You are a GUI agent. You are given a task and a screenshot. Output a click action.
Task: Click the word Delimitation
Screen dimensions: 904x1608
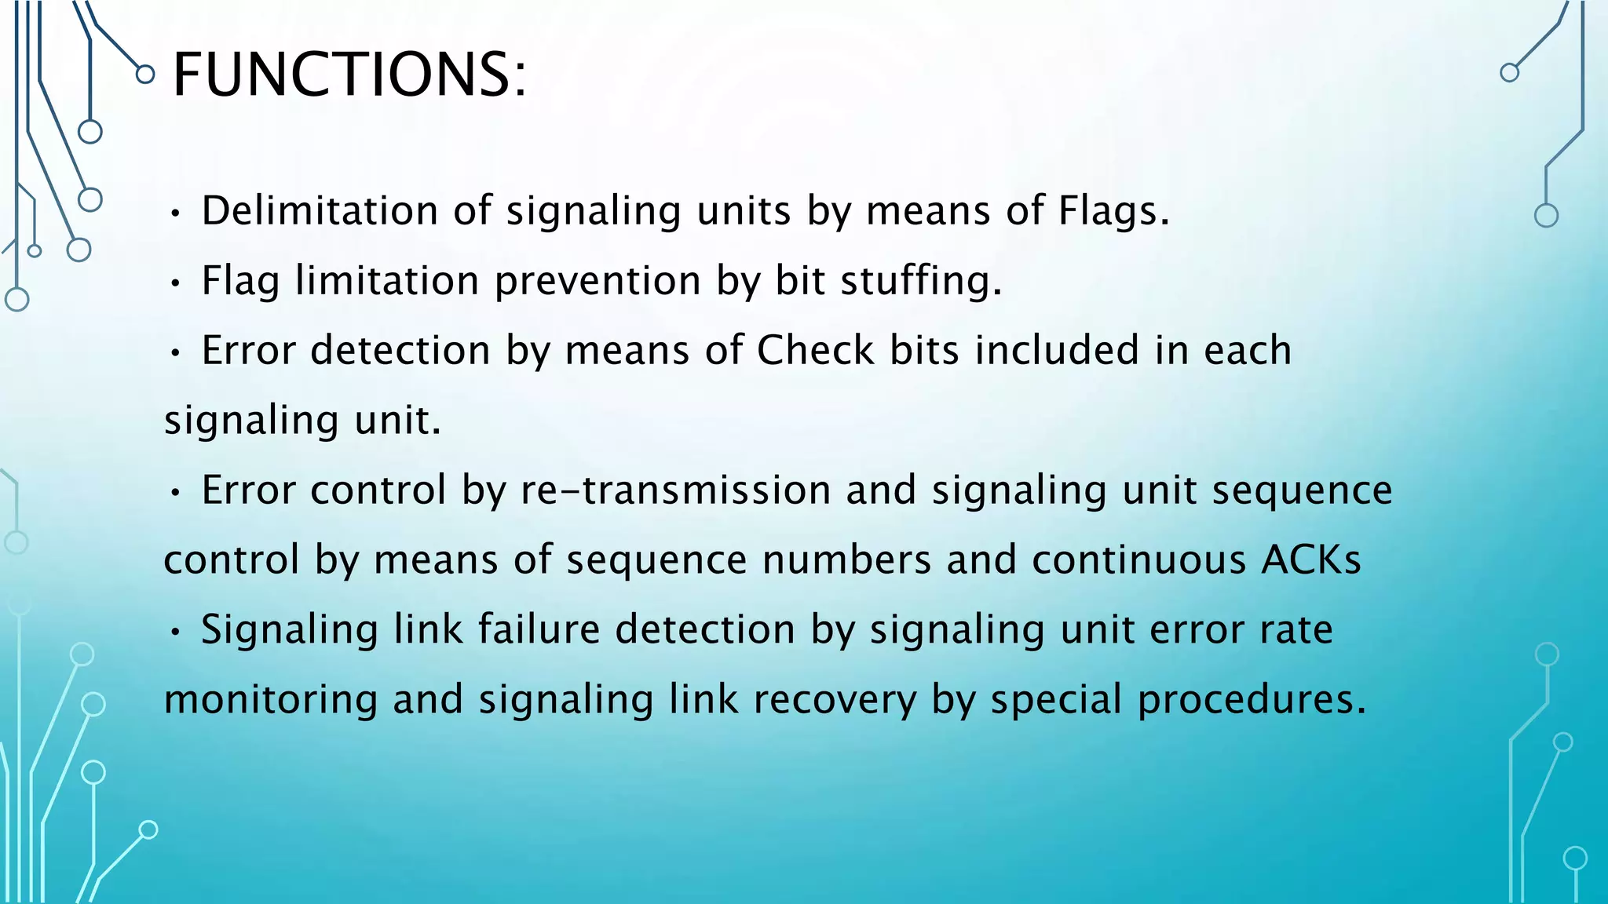320,210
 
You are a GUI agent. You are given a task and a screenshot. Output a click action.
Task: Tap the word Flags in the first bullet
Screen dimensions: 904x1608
1113,210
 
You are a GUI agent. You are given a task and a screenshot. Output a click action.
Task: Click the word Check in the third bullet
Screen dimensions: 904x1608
815,350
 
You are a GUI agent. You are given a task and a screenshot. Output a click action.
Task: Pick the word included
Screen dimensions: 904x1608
1057,350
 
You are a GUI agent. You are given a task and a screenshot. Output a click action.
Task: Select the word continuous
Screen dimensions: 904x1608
1138,560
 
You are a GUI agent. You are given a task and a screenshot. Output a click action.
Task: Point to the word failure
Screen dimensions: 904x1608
539,630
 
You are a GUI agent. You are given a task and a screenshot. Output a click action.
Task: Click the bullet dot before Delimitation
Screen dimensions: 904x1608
177,213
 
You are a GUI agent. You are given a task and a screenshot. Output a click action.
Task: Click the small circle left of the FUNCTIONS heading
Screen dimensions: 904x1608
145,75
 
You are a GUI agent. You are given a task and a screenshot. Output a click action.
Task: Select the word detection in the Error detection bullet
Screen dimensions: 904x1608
400,350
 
